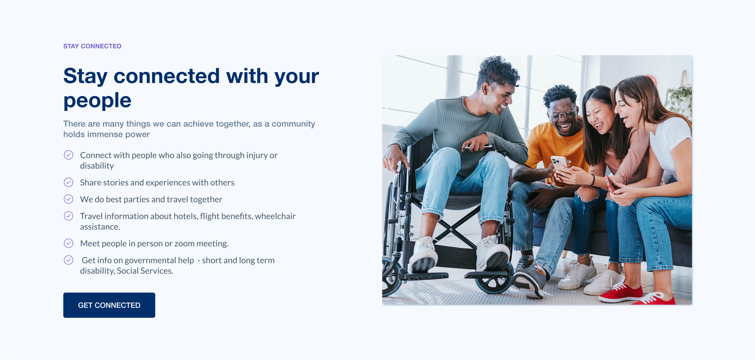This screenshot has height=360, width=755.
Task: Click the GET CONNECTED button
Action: (x=109, y=305)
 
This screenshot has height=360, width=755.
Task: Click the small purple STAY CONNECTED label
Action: (x=92, y=46)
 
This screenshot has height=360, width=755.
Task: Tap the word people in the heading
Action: (x=97, y=101)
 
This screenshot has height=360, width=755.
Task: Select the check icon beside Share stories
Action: (x=69, y=182)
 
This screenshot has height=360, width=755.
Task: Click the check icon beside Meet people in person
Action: (x=69, y=243)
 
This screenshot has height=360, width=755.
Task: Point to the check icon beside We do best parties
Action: (x=69, y=199)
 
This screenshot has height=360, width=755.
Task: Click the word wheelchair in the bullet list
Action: (x=275, y=216)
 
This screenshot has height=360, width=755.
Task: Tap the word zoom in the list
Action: (x=184, y=244)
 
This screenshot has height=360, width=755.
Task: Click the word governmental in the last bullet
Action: (x=159, y=261)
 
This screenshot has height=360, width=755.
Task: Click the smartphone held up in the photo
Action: (x=559, y=164)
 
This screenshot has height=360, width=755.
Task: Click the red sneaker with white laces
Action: (x=621, y=293)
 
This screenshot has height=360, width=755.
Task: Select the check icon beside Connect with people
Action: (x=69, y=155)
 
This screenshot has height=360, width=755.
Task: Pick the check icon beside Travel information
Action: (x=69, y=216)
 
